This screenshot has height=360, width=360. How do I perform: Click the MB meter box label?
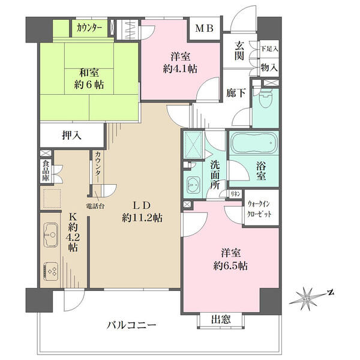click(x=205, y=28)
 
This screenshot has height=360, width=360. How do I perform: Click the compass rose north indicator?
click(x=331, y=293)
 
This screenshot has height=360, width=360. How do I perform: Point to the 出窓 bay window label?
click(x=221, y=319)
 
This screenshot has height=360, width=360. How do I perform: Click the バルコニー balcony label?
click(x=132, y=325)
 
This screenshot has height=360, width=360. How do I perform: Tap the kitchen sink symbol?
click(x=50, y=235)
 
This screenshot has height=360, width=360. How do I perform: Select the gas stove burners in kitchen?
click(x=51, y=271)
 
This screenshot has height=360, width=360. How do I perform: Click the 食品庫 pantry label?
click(x=46, y=171)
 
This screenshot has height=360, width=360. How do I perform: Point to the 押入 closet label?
click(x=72, y=136)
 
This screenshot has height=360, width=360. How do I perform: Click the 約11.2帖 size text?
click(x=142, y=217)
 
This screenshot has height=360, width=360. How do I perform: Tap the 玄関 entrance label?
click(x=239, y=51)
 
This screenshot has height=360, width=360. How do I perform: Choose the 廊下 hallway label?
click(x=236, y=93)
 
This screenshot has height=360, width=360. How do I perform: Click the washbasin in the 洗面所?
click(x=193, y=185)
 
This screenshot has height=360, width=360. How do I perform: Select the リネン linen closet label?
click(x=235, y=194)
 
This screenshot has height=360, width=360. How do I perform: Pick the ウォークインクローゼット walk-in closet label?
click(x=259, y=209)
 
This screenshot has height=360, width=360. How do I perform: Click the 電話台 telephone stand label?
click(x=95, y=206)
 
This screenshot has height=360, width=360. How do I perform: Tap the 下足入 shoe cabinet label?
click(x=269, y=49)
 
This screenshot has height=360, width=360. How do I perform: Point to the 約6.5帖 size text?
click(x=230, y=266)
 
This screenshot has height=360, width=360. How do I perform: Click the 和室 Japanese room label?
click(x=89, y=73)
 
